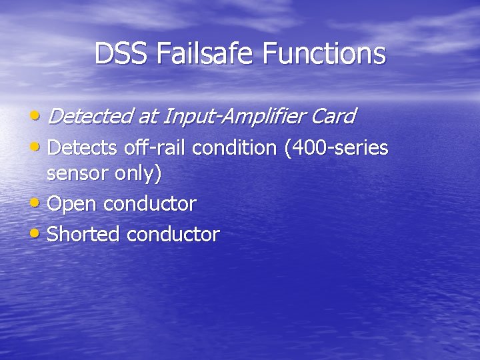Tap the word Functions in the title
324,54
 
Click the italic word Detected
91,117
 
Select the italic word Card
332,117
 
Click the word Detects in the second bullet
83,147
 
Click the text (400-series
336,147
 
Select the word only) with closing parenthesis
138,174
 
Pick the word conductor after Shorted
173,235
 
